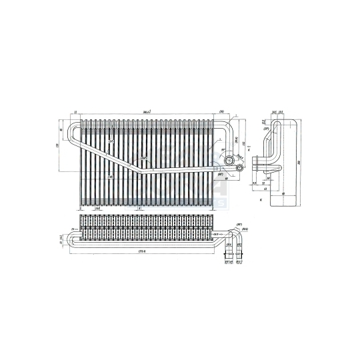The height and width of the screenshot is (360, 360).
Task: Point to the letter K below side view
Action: [261, 199]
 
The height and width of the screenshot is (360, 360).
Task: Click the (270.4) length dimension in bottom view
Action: [142, 251]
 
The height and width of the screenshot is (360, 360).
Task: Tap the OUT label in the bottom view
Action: [217, 235]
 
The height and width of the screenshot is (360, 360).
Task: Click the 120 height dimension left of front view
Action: [57, 146]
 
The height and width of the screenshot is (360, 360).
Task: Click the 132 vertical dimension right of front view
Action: [245, 144]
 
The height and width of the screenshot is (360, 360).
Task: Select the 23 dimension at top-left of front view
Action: [76, 112]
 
